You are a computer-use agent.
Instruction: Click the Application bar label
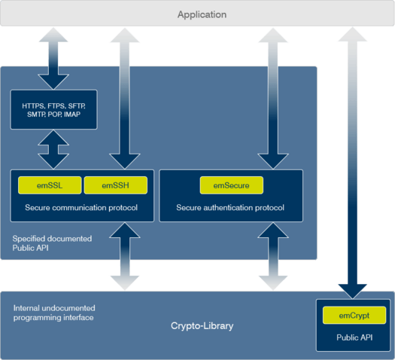click(202, 14)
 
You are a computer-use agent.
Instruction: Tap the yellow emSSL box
click(50, 185)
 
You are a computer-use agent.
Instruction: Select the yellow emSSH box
click(116, 185)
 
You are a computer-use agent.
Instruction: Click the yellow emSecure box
click(232, 185)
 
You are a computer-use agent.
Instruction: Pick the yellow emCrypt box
click(354, 315)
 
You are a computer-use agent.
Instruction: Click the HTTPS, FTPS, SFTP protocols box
click(53, 110)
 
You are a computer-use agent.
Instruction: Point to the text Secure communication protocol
click(81, 207)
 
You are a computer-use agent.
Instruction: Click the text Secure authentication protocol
click(230, 207)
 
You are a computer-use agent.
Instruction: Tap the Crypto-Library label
click(202, 325)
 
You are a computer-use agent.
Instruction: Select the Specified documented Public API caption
click(52, 243)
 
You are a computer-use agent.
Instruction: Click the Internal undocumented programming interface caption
click(54, 313)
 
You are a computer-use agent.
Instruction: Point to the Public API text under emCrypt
click(354, 337)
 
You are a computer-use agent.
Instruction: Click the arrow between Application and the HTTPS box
click(53, 59)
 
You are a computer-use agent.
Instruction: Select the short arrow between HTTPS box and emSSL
click(53, 149)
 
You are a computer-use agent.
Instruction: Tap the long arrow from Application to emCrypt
click(352, 163)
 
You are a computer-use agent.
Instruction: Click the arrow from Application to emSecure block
click(273, 99)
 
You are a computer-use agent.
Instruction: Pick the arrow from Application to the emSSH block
click(125, 99)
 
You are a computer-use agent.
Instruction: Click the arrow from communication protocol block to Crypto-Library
click(125, 256)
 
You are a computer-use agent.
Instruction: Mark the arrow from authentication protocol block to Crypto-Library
click(273, 256)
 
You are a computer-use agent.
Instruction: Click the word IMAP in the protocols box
click(72, 114)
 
